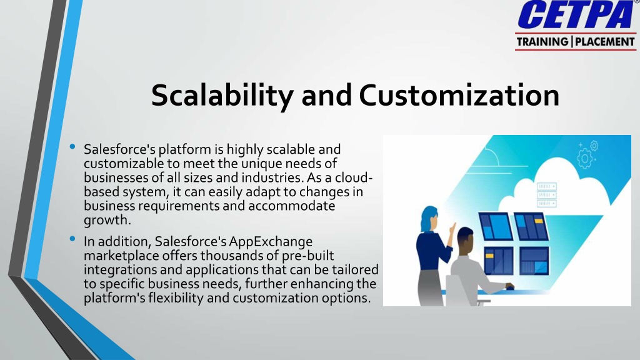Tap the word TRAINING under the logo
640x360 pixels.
click(542, 42)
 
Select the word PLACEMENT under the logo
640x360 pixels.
click(605, 42)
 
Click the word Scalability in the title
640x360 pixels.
click(222, 96)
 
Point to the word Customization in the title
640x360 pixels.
click(459, 95)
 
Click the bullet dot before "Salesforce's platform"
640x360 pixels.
click(72, 146)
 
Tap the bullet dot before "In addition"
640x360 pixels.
click(72, 239)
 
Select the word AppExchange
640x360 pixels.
click(271, 242)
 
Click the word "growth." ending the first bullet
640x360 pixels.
click(107, 221)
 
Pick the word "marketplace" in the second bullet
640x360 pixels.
click(121, 256)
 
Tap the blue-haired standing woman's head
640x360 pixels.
click(429, 218)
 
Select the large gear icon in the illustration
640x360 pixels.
click(584, 158)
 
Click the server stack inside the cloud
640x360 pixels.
click(546, 195)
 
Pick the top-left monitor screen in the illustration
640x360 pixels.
click(495, 226)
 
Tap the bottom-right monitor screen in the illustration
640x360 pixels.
click(534, 261)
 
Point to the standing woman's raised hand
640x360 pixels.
click(452, 229)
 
